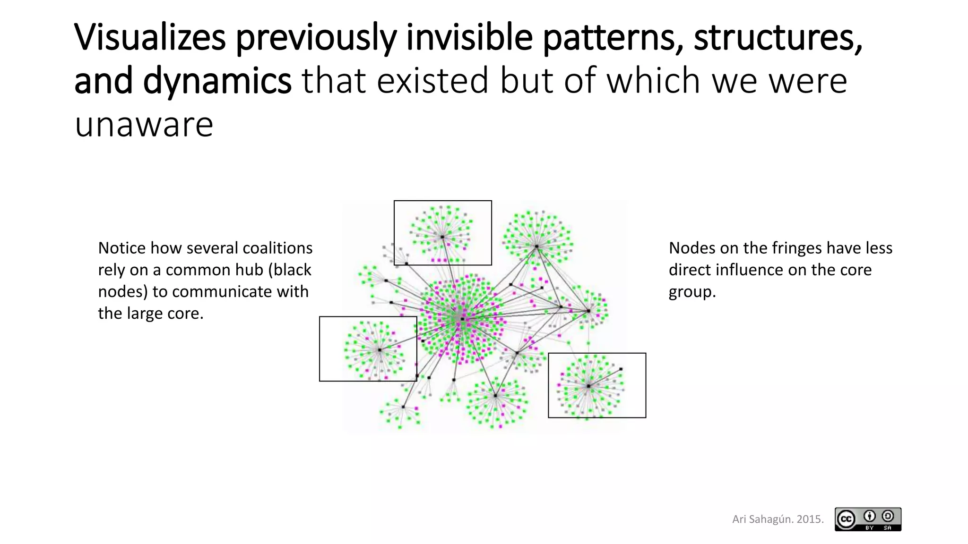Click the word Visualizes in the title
(150, 37)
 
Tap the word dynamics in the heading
(217, 81)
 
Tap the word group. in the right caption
(692, 292)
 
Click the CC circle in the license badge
(846, 519)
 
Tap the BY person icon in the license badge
(869, 516)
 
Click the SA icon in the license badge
(888, 516)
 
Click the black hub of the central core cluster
(462, 319)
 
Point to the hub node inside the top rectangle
(442, 237)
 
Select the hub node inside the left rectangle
(380, 350)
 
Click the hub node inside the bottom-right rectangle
(588, 386)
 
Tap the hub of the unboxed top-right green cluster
(536, 246)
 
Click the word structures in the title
(778, 37)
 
